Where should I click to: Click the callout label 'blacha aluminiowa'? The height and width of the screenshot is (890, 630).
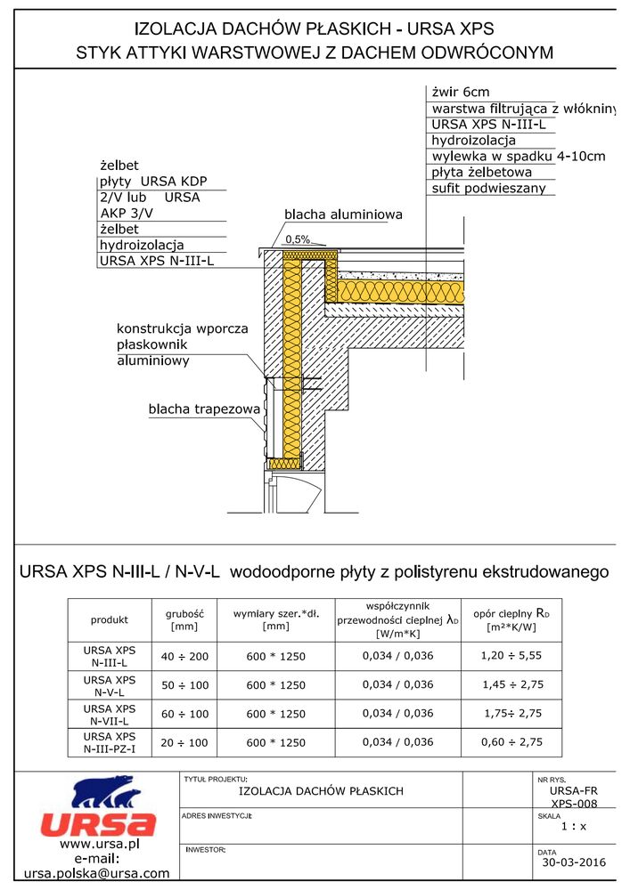[x=344, y=214]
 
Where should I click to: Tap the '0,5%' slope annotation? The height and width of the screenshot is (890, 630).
[x=298, y=239]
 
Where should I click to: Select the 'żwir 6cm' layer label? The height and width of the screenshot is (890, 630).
[x=461, y=92]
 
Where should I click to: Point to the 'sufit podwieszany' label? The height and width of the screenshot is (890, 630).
[x=487, y=189]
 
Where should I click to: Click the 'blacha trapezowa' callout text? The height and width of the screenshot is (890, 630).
[x=204, y=409]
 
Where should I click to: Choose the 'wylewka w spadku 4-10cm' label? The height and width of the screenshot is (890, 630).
[x=518, y=157]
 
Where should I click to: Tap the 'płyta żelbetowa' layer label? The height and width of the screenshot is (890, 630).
[x=482, y=173]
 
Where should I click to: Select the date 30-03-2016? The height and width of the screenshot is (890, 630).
[x=573, y=862]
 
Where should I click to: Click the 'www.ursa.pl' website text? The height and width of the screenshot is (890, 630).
[x=96, y=843]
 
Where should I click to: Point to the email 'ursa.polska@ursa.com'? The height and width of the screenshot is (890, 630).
[x=96, y=874]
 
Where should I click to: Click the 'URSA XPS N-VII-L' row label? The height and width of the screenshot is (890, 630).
[x=110, y=714]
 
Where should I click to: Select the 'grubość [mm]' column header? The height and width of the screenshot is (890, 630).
[x=185, y=619]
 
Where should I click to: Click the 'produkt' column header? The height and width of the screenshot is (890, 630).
[x=110, y=619]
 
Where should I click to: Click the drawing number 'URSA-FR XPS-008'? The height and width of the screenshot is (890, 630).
[x=573, y=796]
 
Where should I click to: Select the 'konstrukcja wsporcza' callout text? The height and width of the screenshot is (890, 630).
[x=183, y=328]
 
